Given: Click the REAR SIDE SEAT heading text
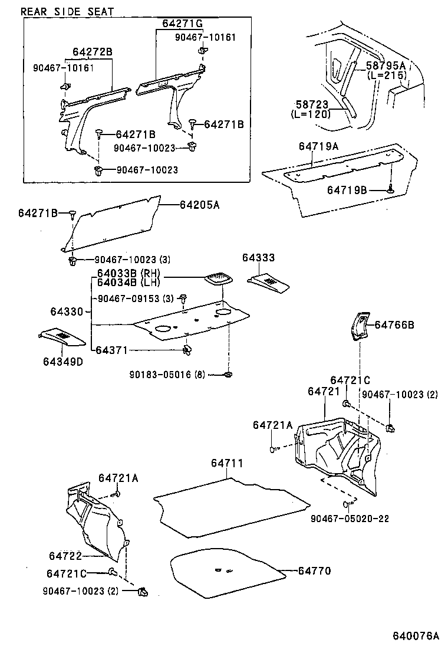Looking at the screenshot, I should tap(67, 11).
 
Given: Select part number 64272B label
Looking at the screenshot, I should tap(92, 52).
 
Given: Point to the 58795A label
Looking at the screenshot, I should tap(386, 66).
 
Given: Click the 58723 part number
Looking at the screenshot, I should tap(311, 104).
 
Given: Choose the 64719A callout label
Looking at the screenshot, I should tap(318, 146).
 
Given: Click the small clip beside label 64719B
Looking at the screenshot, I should tap(390, 190).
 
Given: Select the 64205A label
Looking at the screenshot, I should tap(199, 205).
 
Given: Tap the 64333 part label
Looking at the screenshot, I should tap(258, 258).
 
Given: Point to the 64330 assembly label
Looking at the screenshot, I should tap(66, 311).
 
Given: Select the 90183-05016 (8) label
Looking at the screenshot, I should tap(167, 374).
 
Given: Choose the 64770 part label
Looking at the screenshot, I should tap(314, 570).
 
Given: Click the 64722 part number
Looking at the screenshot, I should tap(65, 556).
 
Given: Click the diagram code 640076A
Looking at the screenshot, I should tap(416, 636).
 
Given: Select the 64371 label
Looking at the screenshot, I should tap(113, 350).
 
